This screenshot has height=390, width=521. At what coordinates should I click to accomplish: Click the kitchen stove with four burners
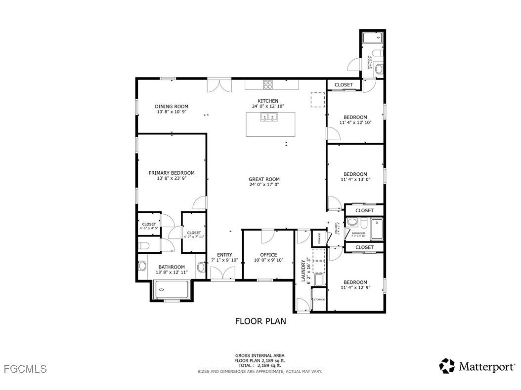[268, 84]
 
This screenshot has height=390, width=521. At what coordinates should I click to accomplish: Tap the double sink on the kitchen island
[269, 117]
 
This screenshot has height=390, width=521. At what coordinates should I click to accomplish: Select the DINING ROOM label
[172, 107]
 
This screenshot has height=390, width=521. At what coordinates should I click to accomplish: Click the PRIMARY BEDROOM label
[172, 173]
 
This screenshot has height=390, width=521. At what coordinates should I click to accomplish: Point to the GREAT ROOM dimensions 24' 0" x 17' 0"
[264, 185]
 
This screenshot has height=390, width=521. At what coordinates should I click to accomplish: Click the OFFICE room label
[268, 255]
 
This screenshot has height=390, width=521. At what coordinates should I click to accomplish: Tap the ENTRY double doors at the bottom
[222, 273]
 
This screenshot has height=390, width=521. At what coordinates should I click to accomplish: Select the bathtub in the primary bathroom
[172, 289]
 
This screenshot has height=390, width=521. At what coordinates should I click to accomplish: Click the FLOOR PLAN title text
[260, 321]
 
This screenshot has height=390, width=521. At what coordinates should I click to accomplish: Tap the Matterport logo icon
[447, 366]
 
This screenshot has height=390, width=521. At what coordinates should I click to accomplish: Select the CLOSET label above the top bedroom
[344, 85]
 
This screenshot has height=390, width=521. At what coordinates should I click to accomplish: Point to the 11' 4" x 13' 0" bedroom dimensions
[355, 180]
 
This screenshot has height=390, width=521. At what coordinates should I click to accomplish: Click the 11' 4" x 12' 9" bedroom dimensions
[355, 288]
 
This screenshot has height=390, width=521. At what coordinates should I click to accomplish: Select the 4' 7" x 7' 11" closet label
[194, 237]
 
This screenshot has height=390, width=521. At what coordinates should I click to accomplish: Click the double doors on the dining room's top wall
[219, 85]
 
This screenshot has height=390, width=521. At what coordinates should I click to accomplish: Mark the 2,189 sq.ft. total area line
[260, 366]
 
